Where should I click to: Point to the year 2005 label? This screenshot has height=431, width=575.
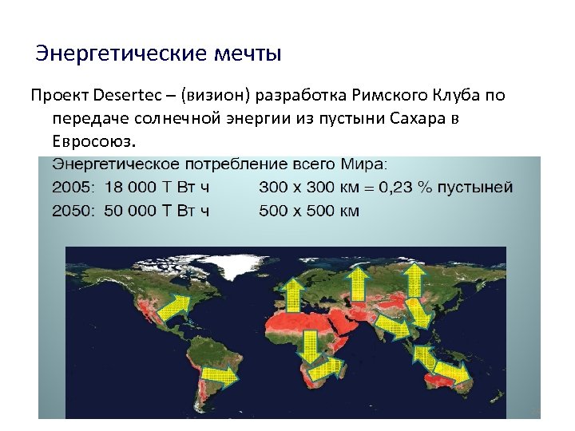coord(72,188)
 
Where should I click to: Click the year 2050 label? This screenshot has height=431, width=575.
coord(72,211)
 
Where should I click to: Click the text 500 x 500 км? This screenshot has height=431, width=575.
coord(309,211)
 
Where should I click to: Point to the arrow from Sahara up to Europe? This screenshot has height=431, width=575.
coord(292,295)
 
